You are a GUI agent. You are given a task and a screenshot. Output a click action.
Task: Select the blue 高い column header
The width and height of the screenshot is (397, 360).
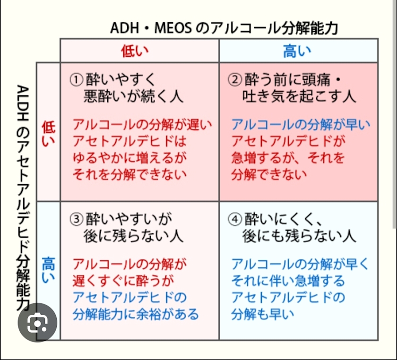point(297,51)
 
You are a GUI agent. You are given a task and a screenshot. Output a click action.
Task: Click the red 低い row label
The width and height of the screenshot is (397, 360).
point(48,134)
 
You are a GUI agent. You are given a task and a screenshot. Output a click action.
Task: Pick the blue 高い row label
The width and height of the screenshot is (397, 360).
point(48,270)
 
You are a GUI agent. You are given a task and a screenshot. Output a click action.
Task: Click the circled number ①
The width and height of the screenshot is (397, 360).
point(76,79)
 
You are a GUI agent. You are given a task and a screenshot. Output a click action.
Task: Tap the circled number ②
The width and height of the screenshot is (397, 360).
point(235,79)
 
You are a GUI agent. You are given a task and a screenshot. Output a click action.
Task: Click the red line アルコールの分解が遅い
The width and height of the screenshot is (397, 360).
point(142,125)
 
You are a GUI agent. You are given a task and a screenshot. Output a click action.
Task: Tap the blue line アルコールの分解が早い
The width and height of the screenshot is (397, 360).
point(301,125)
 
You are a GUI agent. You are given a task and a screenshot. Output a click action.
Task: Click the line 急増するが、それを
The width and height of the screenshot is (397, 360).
point(288,157)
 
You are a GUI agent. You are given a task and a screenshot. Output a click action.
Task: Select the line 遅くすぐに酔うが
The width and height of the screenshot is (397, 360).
point(123,281)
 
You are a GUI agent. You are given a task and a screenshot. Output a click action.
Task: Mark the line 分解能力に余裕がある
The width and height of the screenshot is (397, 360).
point(136,314)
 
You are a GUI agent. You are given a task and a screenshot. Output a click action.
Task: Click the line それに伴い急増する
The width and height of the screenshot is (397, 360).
point(288,281)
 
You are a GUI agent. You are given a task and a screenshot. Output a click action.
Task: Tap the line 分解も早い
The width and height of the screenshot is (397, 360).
point(262,314)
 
